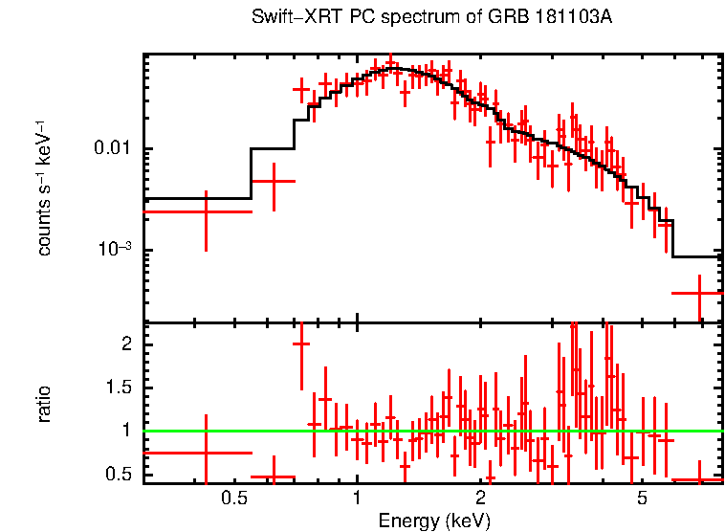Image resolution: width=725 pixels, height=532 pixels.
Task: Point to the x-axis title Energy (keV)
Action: (x=434, y=521)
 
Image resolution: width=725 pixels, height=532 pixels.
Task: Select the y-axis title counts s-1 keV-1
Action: (x=44, y=188)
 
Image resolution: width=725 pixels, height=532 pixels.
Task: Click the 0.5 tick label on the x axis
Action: (x=234, y=498)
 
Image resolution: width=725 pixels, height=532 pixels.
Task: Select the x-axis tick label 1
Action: (x=357, y=498)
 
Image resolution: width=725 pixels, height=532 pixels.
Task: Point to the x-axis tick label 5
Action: (x=643, y=498)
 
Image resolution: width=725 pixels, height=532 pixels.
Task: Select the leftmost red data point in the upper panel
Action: (x=206, y=211)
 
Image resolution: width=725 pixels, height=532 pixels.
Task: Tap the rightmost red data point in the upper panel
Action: (x=699, y=294)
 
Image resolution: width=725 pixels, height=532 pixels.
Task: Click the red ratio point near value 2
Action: (x=301, y=344)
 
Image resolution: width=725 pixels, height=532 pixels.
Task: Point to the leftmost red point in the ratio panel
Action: (x=206, y=453)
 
